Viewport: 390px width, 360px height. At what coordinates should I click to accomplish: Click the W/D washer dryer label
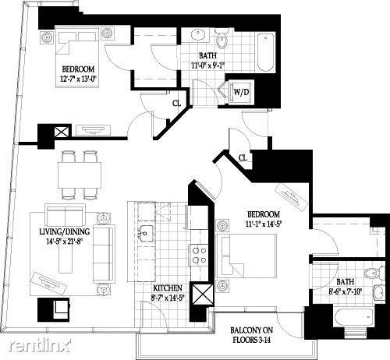pyautogui.click(x=242, y=92)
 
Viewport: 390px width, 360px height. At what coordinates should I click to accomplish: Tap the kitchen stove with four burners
pyautogui.click(x=199, y=255)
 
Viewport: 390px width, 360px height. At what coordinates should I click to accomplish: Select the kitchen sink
pyautogui.click(x=147, y=234)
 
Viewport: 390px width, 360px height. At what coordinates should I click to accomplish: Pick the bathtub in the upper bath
pyautogui.click(x=266, y=53)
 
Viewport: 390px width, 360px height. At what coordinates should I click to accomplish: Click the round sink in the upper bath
pyautogui.click(x=199, y=35)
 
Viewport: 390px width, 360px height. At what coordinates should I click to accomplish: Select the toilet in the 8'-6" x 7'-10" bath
pyautogui.click(x=375, y=273)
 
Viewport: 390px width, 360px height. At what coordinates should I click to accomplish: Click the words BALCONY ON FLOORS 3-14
pyautogui.click(x=251, y=335)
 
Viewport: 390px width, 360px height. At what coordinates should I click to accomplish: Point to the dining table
pyautogui.click(x=80, y=175)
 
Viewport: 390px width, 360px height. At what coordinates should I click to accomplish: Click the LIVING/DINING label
pyautogui.click(x=65, y=231)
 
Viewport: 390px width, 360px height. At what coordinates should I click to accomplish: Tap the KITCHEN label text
pyautogui.click(x=168, y=288)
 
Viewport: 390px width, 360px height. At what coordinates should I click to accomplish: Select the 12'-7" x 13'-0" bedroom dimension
pyautogui.click(x=78, y=79)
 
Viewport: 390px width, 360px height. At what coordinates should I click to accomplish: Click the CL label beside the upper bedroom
pyautogui.click(x=176, y=104)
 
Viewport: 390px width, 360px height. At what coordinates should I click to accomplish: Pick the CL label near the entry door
pyautogui.click(x=243, y=157)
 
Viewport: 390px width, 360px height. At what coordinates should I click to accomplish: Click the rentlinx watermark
pyautogui.click(x=40, y=345)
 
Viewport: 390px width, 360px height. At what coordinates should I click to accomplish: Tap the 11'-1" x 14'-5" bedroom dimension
pyautogui.click(x=264, y=224)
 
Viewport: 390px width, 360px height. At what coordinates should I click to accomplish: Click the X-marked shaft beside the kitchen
pyautogui.click(x=202, y=294)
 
